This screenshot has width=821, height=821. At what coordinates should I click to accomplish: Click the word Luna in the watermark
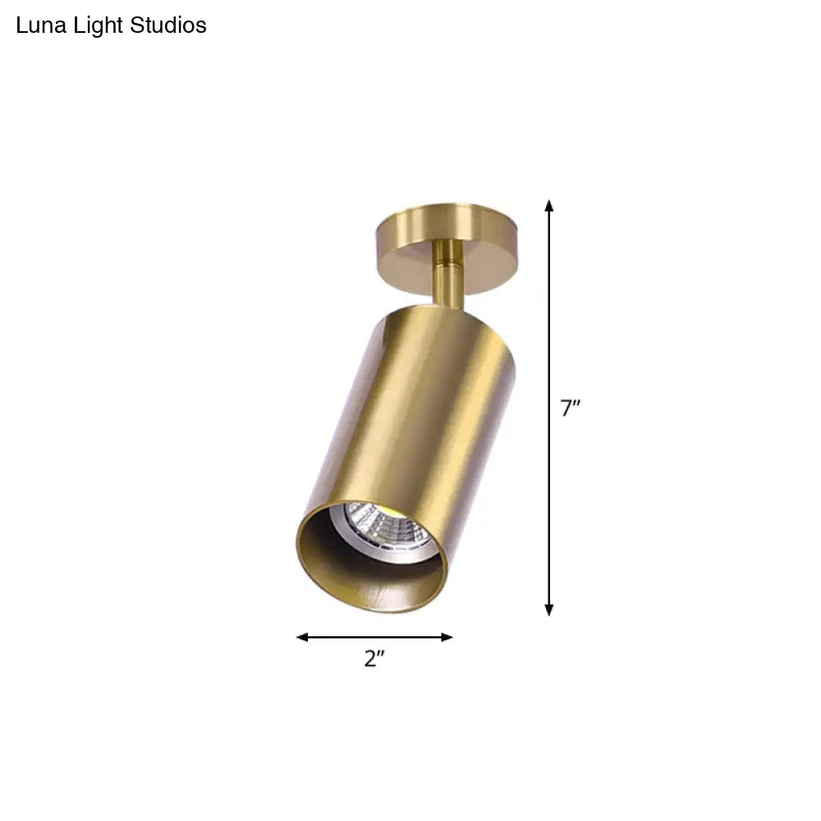tap(38, 26)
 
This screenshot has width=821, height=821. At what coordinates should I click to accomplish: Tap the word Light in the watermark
tap(94, 26)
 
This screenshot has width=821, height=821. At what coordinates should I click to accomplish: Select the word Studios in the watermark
tap(168, 26)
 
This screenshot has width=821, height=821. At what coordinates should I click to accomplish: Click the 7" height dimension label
tap(571, 408)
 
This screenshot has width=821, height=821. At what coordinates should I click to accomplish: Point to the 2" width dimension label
tap(374, 658)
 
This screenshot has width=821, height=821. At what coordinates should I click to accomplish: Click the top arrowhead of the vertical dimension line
tap(549, 205)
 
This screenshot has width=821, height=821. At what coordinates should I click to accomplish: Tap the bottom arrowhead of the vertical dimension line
tap(549, 609)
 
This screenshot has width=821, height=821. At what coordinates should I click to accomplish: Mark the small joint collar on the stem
tap(447, 264)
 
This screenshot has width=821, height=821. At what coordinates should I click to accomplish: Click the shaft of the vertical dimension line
tap(549, 328)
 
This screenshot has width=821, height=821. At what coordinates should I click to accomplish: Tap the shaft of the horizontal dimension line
tap(374, 637)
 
